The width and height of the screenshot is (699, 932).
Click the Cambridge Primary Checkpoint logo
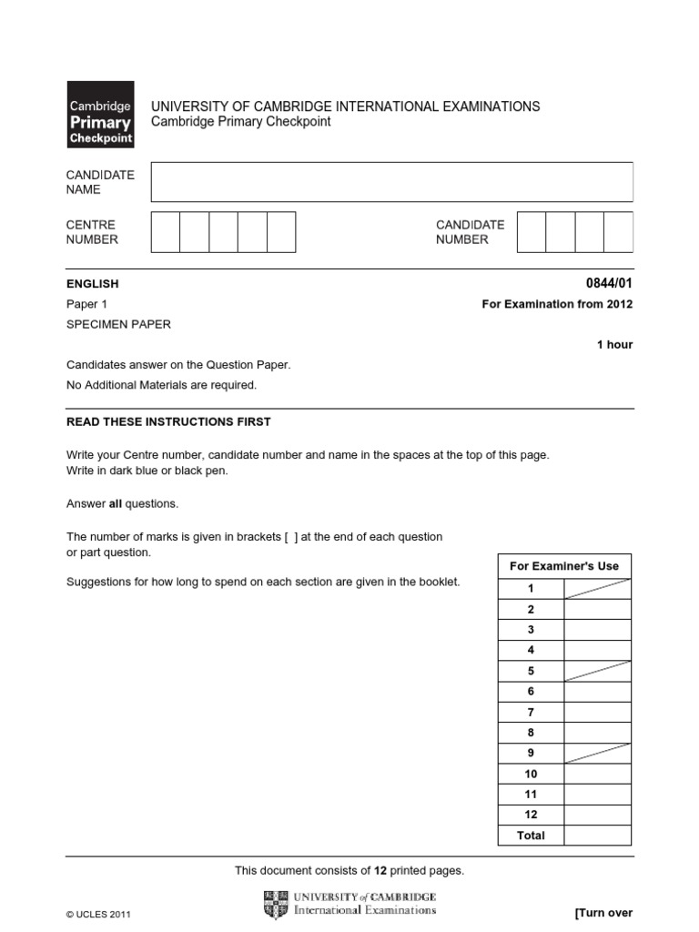tap(100, 114)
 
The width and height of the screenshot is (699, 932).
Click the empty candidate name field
tap(391, 182)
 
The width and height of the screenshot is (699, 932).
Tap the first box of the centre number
tap(165, 232)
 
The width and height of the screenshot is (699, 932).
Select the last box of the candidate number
tap(618, 232)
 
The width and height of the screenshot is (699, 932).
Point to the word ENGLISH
tap(93, 284)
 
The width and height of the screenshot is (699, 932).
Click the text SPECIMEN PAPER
tap(118, 324)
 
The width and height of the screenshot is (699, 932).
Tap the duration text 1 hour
tap(614, 345)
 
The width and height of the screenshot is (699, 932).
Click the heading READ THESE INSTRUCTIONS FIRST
tap(168, 422)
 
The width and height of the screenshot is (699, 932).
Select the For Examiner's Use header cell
tap(564, 566)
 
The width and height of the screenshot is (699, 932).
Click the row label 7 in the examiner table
tap(531, 712)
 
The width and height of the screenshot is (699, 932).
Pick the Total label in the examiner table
tap(531, 836)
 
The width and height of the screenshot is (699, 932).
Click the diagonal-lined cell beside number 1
tap(597, 589)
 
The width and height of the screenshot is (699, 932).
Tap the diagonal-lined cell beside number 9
tap(597, 754)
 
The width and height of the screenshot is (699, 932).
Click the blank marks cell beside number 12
tap(597, 815)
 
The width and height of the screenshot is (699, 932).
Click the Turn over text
tap(603, 913)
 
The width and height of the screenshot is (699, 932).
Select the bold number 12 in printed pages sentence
tap(380, 871)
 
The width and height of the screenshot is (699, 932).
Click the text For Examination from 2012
tap(557, 304)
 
